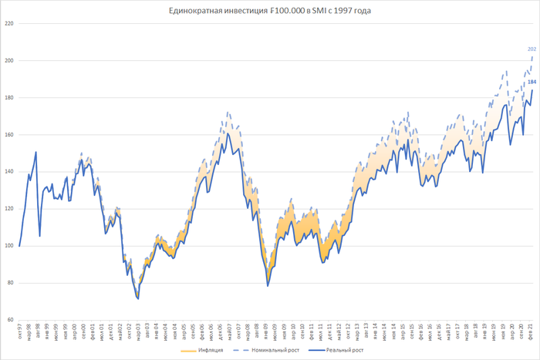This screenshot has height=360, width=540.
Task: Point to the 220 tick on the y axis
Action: (x=9, y=24)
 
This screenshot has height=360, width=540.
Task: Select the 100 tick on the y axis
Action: (x=9, y=246)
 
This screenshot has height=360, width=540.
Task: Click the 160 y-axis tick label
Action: (x=9, y=135)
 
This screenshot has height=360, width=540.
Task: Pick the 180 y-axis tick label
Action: (x=9, y=98)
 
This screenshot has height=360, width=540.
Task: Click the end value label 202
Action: (x=532, y=49)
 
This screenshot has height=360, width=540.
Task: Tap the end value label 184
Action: (x=532, y=82)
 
